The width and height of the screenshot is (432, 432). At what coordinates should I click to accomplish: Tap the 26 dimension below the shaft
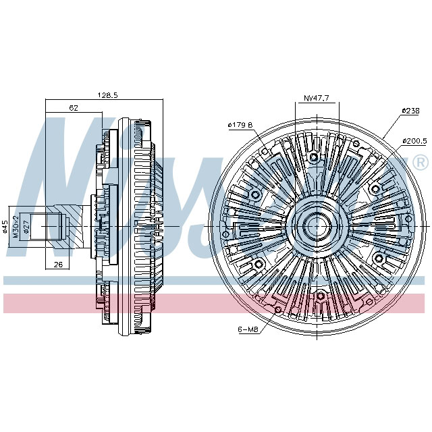tap(58, 265)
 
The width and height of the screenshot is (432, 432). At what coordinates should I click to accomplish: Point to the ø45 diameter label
tap(6, 227)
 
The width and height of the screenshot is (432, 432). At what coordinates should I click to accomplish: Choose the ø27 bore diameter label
tap(26, 227)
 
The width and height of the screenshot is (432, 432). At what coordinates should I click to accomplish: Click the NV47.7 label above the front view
tap(316, 98)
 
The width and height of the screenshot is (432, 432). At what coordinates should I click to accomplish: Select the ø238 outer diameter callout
tap(411, 110)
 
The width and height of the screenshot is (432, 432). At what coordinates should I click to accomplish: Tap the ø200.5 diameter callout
tap(414, 140)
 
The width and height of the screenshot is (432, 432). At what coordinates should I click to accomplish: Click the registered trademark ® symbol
tap(419, 163)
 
